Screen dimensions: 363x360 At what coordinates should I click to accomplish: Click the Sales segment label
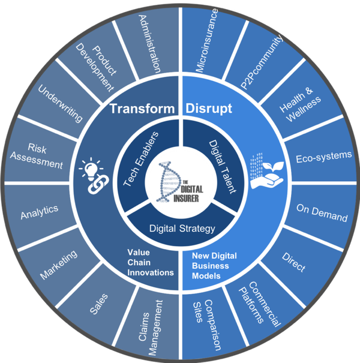coord(101,299)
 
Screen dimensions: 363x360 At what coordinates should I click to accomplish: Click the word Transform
coord(142,109)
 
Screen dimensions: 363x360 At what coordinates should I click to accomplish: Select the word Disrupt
coord(209,109)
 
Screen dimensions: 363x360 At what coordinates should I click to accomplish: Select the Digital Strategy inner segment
coord(180,228)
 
